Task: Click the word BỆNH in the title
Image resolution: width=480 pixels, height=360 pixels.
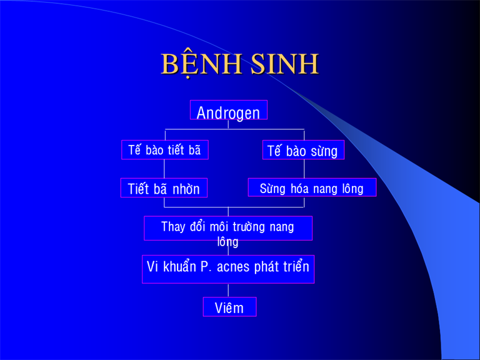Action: (201, 64)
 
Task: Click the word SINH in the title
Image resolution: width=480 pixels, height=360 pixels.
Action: (285, 64)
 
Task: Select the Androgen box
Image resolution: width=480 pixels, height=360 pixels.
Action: (229, 110)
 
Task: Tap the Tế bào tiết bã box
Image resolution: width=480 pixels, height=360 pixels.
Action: (165, 150)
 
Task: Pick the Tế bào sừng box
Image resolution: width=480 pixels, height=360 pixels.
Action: (303, 150)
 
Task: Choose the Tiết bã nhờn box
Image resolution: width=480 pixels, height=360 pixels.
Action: (164, 187)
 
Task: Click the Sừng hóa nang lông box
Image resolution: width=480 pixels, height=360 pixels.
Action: (312, 187)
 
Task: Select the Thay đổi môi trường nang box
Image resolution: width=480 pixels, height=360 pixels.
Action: (228, 228)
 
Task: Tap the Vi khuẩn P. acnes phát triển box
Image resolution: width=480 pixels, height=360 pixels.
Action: (228, 269)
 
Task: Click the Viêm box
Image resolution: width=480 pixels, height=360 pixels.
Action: (229, 307)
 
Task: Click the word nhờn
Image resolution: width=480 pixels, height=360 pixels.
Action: (186, 189)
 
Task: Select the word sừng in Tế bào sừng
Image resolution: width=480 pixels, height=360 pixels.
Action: (324, 151)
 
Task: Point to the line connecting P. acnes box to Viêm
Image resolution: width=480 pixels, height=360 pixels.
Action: (228, 290)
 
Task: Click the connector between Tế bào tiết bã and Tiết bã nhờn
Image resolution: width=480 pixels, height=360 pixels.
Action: (164, 169)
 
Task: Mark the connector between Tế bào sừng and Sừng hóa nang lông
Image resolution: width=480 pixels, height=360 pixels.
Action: (304, 169)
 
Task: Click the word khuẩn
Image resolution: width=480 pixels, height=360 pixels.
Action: (180, 267)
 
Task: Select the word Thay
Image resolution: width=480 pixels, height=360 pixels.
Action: (173, 227)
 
